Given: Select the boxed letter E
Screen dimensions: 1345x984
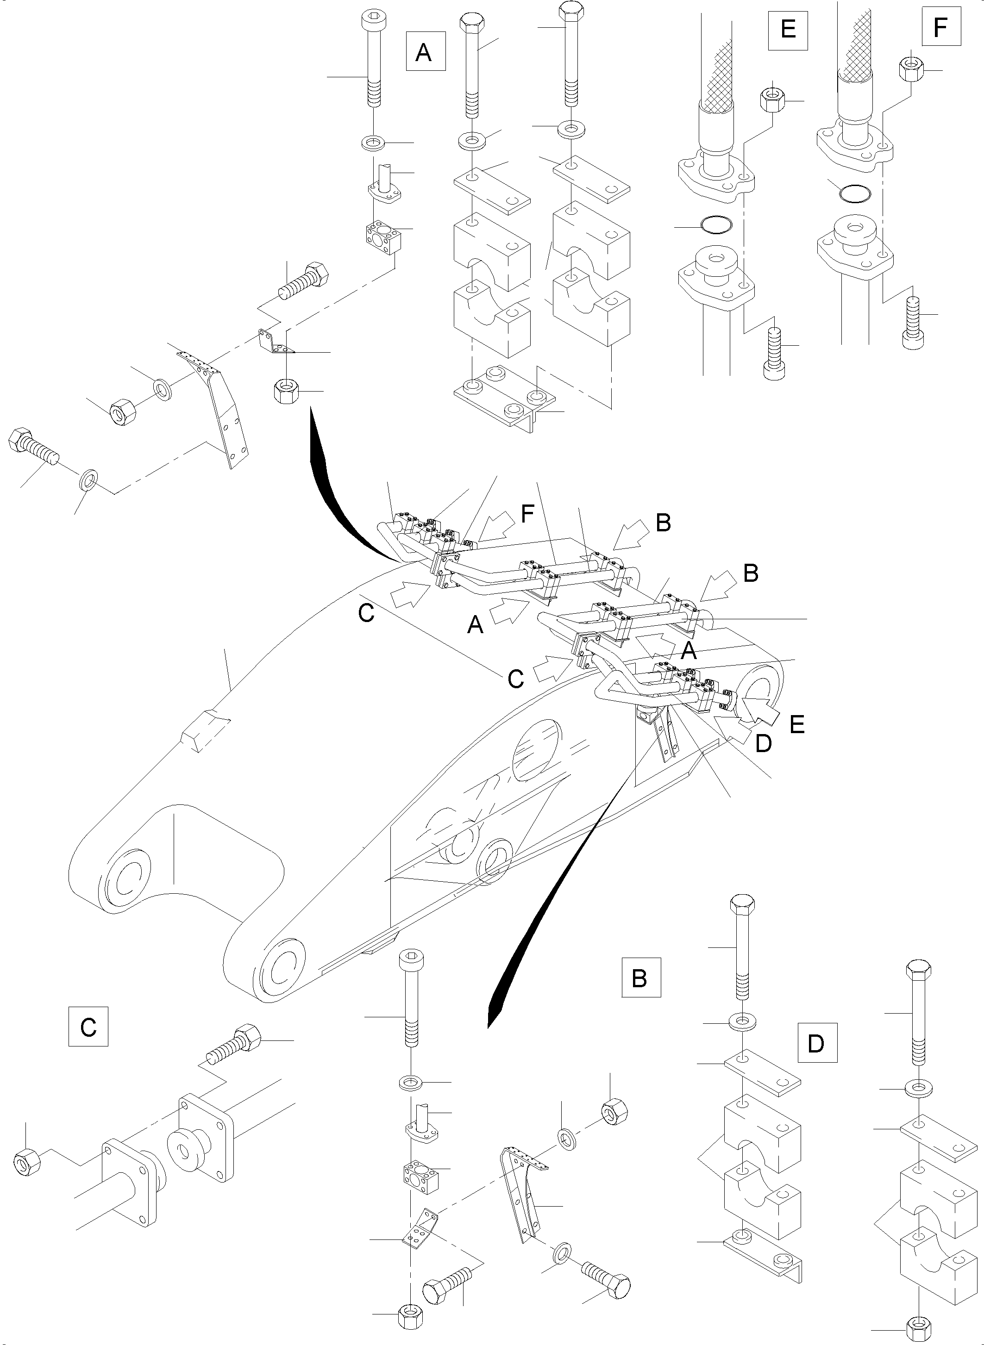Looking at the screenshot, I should click(788, 29).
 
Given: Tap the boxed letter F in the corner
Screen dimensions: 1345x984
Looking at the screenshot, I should click(940, 26).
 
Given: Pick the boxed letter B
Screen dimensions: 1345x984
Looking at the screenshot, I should click(641, 978).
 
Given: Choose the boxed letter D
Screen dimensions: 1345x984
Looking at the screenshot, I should click(817, 1043).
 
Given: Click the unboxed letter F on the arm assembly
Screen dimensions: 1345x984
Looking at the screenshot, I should click(526, 513).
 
